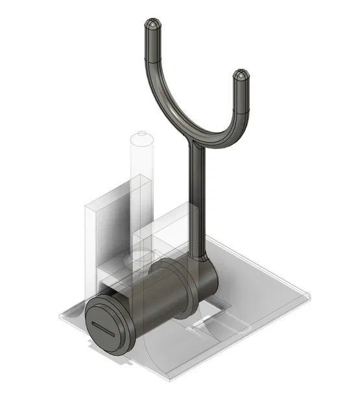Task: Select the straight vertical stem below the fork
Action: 197,201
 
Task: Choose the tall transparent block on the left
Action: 94,240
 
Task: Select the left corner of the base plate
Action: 60,316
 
